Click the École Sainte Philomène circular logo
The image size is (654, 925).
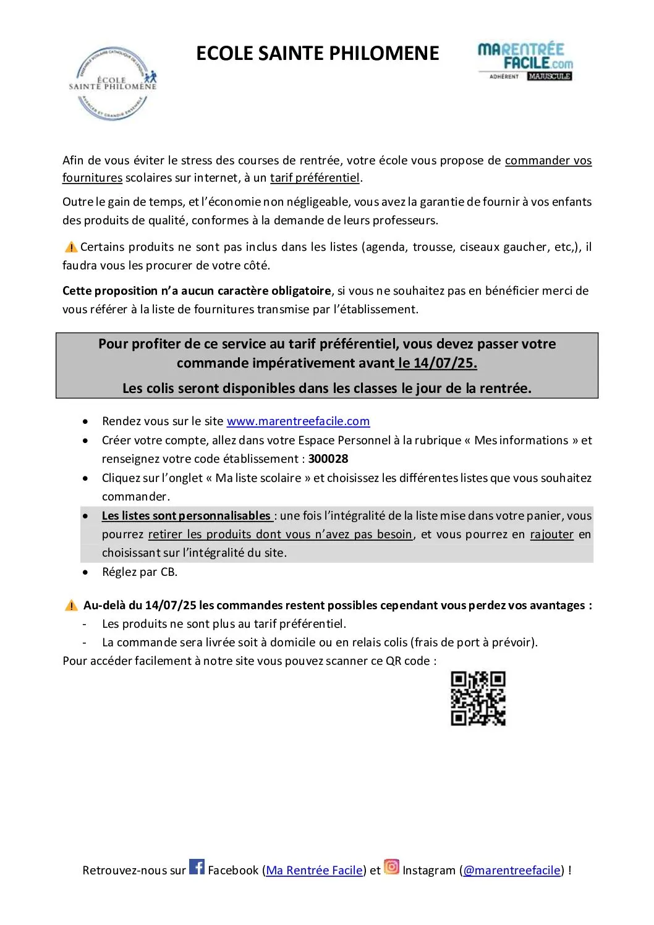113,83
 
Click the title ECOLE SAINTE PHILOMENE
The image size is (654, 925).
317,54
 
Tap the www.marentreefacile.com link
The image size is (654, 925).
298,421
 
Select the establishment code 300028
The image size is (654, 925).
328,459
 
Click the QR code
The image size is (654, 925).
478,698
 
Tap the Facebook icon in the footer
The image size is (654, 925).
197,867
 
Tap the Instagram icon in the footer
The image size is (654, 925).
391,867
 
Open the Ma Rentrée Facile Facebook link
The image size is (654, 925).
314,871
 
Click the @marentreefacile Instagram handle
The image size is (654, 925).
511,871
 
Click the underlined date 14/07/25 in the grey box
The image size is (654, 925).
438,363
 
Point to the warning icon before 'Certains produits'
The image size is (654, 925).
71,247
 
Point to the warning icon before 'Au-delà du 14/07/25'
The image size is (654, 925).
71,606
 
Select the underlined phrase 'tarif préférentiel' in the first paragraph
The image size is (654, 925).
315,178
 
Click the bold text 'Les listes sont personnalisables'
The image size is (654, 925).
186,516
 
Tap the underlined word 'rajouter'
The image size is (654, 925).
552,534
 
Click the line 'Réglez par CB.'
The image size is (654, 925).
140,572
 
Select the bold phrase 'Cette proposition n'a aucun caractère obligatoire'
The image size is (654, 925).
197,291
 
